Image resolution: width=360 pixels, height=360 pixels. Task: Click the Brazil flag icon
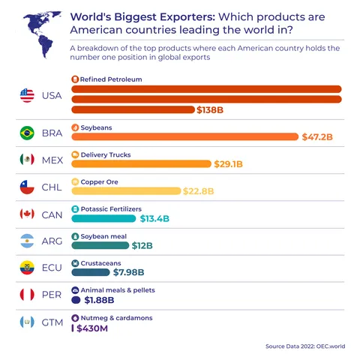pyautogui.click(x=28, y=133)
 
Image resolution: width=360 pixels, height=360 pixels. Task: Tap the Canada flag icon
pyautogui.click(x=28, y=214)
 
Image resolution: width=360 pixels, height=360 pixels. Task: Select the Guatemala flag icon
pyautogui.click(x=28, y=322)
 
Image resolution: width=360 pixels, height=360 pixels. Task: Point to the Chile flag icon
pyautogui.click(x=28, y=187)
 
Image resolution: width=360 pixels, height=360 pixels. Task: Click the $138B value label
pyautogui.click(x=210, y=110)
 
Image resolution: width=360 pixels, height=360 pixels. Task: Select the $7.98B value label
pyautogui.click(x=129, y=272)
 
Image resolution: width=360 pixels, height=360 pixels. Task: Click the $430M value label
pyautogui.click(x=92, y=328)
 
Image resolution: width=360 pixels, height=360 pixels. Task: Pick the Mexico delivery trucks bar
pyautogui.click(x=140, y=164)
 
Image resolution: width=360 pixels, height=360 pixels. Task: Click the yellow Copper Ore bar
pyautogui.click(x=125, y=191)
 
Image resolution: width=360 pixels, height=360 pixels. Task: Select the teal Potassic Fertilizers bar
pyautogui.click(x=103, y=218)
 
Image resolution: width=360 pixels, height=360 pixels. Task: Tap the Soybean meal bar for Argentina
pyautogui.click(x=100, y=245)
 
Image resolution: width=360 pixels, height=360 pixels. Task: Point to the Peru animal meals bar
pyautogui.click(x=76, y=300)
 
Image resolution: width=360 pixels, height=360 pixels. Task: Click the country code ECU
pyautogui.click(x=52, y=268)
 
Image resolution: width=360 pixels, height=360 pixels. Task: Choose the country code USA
pyautogui.click(x=52, y=95)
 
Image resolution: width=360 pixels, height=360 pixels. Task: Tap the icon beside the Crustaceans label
pyautogui.click(x=75, y=263)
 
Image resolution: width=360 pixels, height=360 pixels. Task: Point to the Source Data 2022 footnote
pyautogui.click(x=304, y=346)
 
